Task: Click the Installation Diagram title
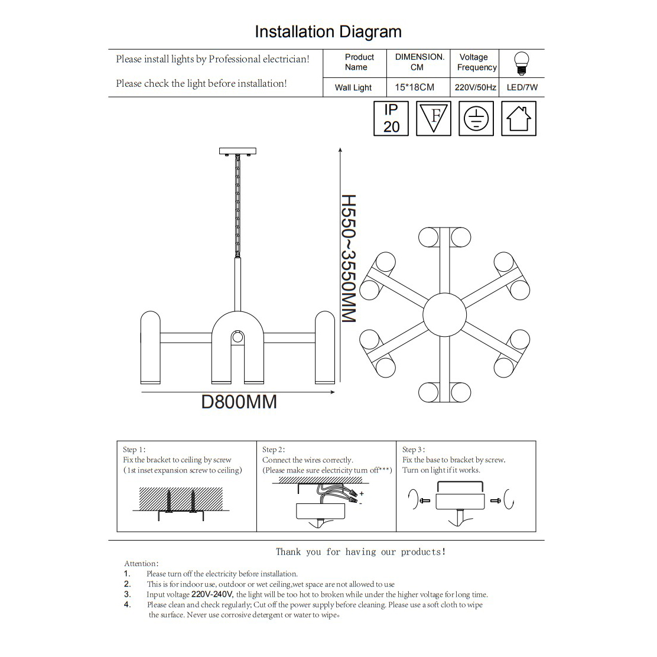pos(328,32)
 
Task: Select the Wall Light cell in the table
pos(353,87)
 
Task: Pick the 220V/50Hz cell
pos(475,87)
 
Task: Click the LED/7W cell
pos(522,87)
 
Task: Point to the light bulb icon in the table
pos(521,63)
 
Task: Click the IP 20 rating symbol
pos(391,119)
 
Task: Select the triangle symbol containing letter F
pos(434,118)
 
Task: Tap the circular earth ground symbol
pos(476,119)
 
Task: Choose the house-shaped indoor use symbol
pos(519,119)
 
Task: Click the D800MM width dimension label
pos(239,402)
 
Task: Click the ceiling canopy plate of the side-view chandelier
pos(238,151)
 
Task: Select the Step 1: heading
pos(134,450)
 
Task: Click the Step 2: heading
pos(274,450)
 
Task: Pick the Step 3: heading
pos(414,450)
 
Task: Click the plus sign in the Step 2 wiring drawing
pos(362,493)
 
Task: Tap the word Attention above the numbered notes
pos(141,564)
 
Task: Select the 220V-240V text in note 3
pos(213,595)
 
